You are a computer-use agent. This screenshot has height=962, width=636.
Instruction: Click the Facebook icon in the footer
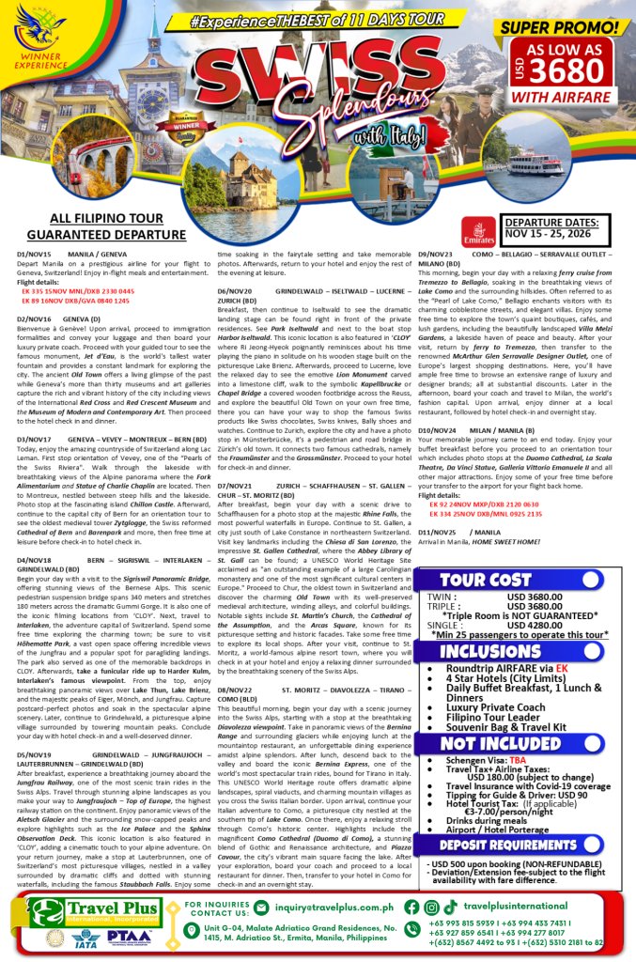pyautogui.click(x=411, y=908)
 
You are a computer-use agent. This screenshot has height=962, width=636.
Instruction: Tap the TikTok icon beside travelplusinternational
pyautogui.click(x=452, y=908)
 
